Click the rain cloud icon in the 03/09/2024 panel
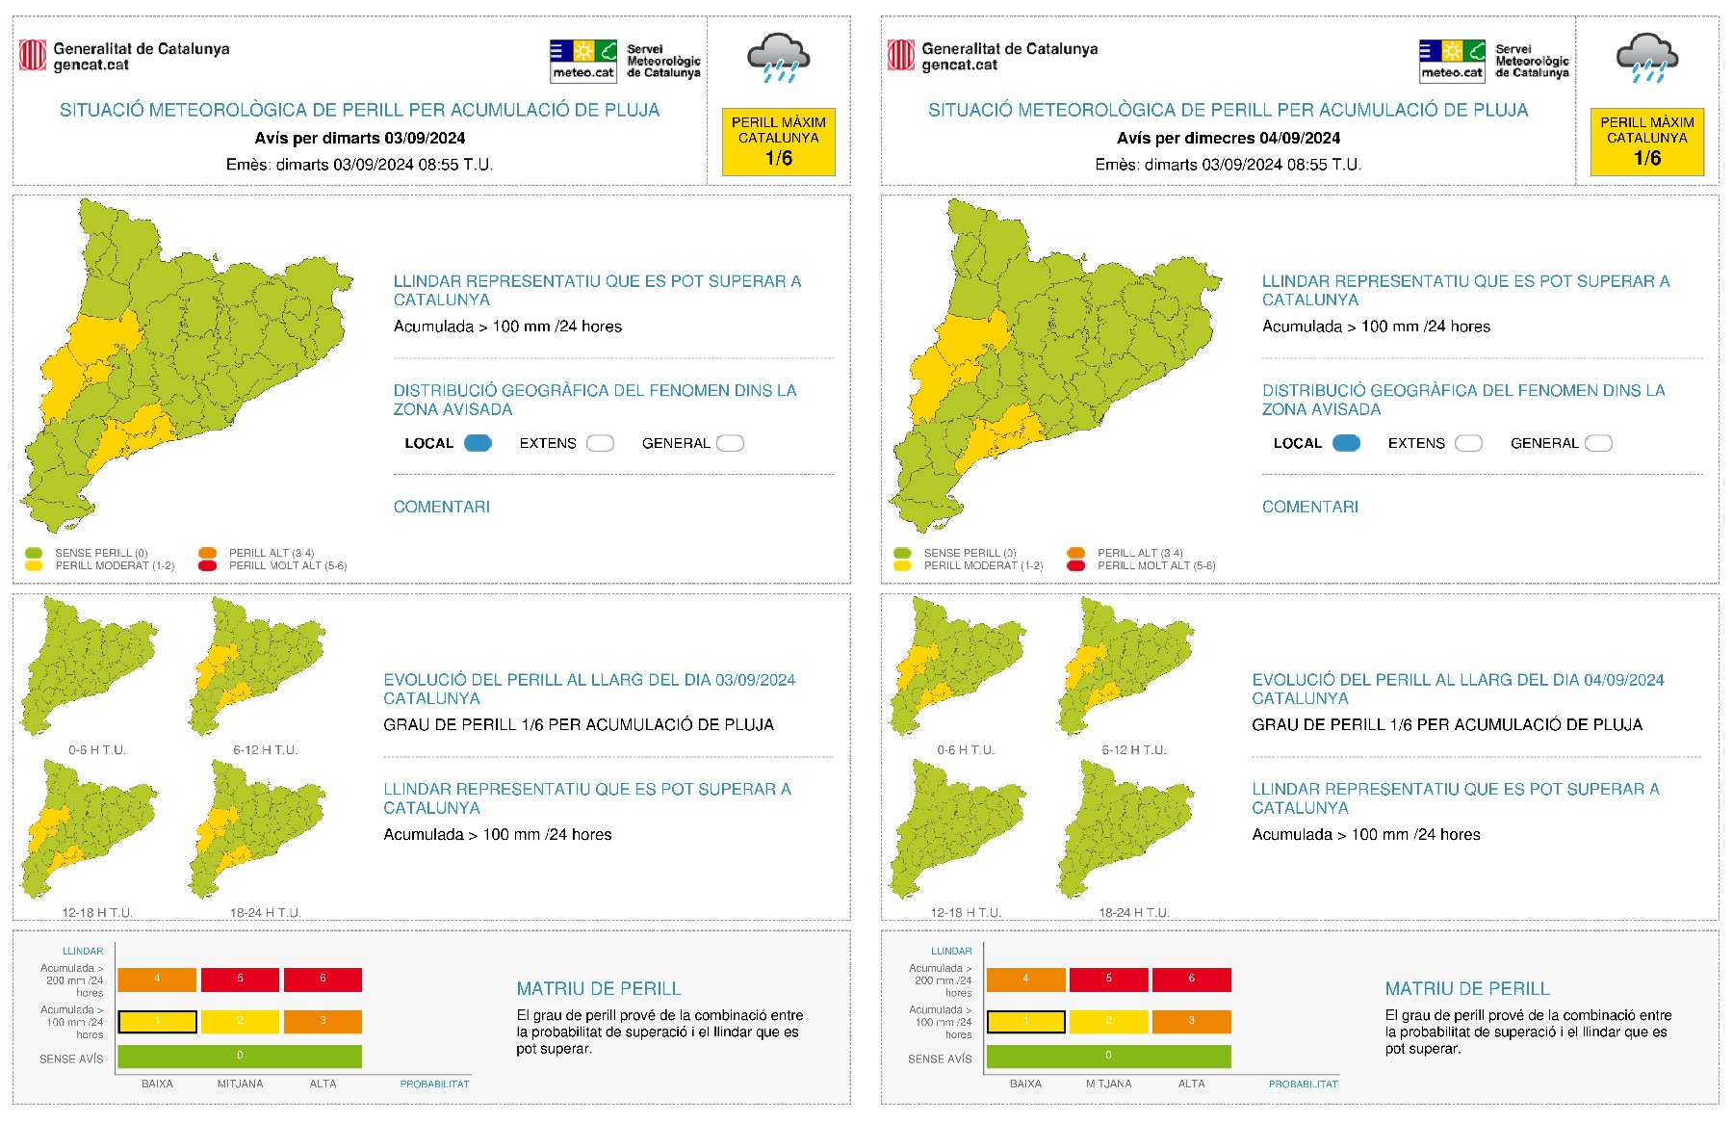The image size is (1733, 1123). [x=778, y=58]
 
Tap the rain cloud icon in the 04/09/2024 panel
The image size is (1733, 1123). [x=1646, y=58]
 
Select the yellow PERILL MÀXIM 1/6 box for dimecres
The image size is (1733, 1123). [x=1646, y=142]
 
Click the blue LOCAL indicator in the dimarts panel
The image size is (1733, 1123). [x=478, y=443]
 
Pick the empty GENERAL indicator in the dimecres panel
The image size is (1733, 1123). [x=1598, y=443]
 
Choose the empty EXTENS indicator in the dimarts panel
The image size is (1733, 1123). [x=600, y=443]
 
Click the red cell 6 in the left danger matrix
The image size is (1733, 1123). [x=323, y=979]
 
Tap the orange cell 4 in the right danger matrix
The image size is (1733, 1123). [x=1025, y=979]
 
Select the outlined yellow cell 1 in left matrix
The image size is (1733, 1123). [x=157, y=1021]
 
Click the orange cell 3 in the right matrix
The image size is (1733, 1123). [x=1191, y=1021]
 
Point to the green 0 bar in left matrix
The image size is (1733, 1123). [x=240, y=1057]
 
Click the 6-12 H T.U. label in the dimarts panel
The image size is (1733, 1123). [x=265, y=749]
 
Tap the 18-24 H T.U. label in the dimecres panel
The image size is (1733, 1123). [x=1134, y=912]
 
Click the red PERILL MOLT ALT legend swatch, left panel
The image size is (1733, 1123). [x=207, y=565]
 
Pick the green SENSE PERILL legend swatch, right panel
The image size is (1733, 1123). [x=902, y=553]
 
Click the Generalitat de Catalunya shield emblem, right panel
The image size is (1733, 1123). [x=901, y=55]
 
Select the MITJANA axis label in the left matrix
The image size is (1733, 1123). [x=240, y=1084]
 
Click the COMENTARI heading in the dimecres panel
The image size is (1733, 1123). [x=1309, y=507]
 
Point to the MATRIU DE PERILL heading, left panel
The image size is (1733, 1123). [x=598, y=988]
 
